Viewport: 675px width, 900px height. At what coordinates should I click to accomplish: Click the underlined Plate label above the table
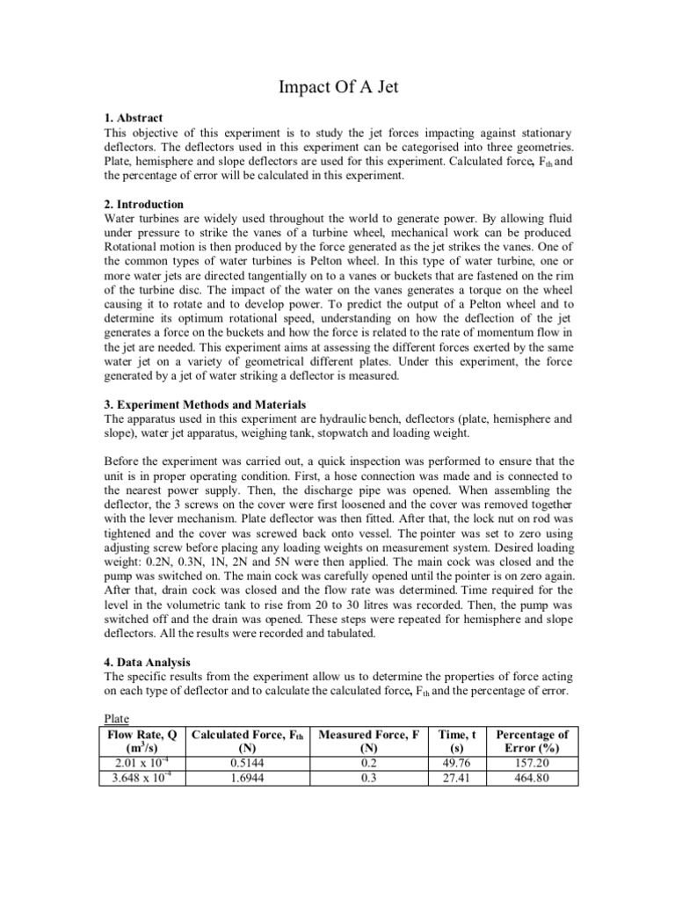click(x=117, y=717)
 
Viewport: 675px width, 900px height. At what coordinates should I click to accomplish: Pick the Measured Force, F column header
click(x=370, y=741)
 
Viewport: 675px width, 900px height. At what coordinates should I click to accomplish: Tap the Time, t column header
click(x=455, y=741)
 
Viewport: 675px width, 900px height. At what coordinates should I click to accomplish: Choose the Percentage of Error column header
click(x=532, y=741)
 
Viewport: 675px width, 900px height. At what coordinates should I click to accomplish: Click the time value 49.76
click(x=455, y=762)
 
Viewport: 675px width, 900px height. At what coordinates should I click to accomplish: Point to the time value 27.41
click(x=455, y=776)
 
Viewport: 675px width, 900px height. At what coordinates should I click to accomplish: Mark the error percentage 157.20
click(x=532, y=762)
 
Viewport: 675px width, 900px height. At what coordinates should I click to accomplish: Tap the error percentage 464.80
click(x=532, y=776)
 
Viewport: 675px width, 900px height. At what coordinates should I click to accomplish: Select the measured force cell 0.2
click(x=370, y=762)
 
